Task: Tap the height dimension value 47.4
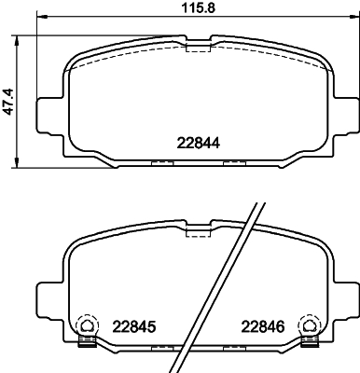(8, 98)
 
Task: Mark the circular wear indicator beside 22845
(85, 325)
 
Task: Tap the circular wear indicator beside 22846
(308, 325)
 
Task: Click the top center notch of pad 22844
(198, 44)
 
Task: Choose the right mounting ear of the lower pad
(348, 297)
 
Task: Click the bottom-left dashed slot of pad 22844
(161, 164)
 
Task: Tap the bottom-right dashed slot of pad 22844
(233, 164)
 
